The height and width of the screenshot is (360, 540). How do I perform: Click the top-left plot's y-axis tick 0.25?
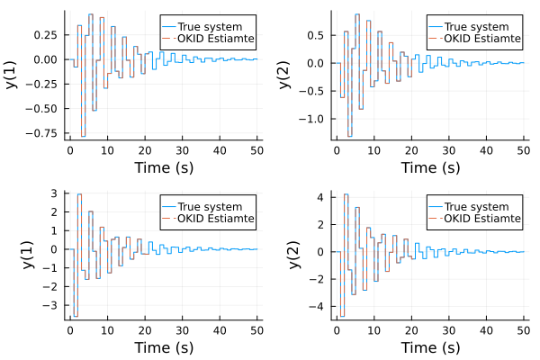coord(47,34)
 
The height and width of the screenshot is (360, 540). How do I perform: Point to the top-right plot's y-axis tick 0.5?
coord(317,35)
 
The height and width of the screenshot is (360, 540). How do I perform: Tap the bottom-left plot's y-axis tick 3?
coord(56,193)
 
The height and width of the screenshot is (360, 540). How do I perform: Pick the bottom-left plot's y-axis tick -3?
coord(53,306)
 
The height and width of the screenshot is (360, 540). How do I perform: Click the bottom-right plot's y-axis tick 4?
coord(325,196)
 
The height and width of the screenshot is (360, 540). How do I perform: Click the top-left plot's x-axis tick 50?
coord(257,150)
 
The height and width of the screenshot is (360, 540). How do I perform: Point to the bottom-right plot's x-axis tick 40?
coord(486,329)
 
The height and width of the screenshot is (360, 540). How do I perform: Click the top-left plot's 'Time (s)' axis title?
coord(163,167)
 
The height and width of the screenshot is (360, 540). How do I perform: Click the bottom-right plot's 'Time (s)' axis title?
coord(430,347)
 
